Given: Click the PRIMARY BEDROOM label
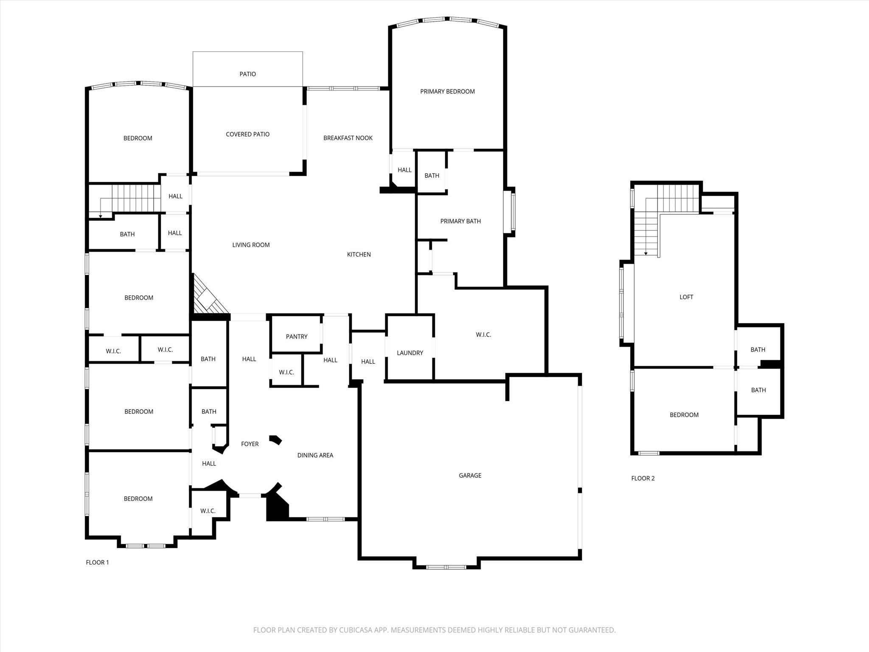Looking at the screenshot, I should coord(447,91).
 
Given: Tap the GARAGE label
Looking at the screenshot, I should coord(470,475).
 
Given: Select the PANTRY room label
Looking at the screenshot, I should coord(297,337).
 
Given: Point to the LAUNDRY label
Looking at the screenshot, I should coord(409,353).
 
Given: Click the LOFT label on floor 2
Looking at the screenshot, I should coord(686,297).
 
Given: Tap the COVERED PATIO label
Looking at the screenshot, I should coord(247,134).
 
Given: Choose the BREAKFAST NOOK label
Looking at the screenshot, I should coord(348,138).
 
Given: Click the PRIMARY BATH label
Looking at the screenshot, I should coord(460,221).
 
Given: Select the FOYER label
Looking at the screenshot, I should coord(249,444).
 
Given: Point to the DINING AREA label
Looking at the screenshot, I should coord(315,455).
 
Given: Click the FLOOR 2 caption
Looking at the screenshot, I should coord(642,478).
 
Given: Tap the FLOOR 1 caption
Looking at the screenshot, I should coord(97,562).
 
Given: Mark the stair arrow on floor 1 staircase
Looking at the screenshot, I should coord(101,216).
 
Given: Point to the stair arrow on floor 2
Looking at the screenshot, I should coord(646,253).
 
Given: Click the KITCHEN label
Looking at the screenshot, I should coord(359,255).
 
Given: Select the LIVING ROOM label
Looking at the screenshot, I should coord(251,245).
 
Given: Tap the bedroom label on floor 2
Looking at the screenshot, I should coord(684,415).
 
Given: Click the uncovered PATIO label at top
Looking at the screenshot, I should coord(247,74).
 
